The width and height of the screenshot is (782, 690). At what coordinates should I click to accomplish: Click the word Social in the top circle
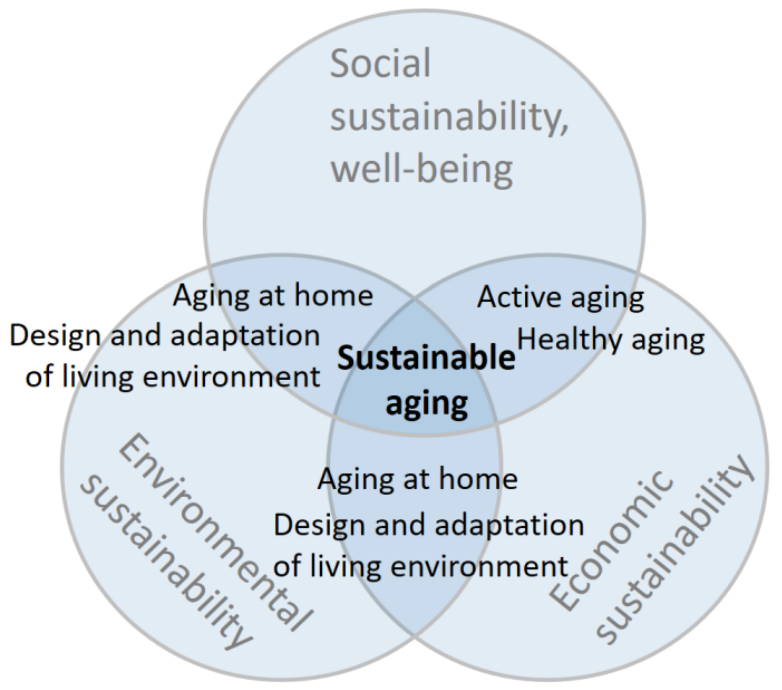(380, 64)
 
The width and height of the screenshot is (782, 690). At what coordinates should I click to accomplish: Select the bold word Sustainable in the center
(426, 358)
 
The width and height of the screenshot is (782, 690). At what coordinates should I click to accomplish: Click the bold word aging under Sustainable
(427, 404)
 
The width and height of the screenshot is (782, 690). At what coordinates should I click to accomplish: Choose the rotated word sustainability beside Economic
(675, 548)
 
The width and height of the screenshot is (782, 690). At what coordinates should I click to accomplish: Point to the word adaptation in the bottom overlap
(509, 525)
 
